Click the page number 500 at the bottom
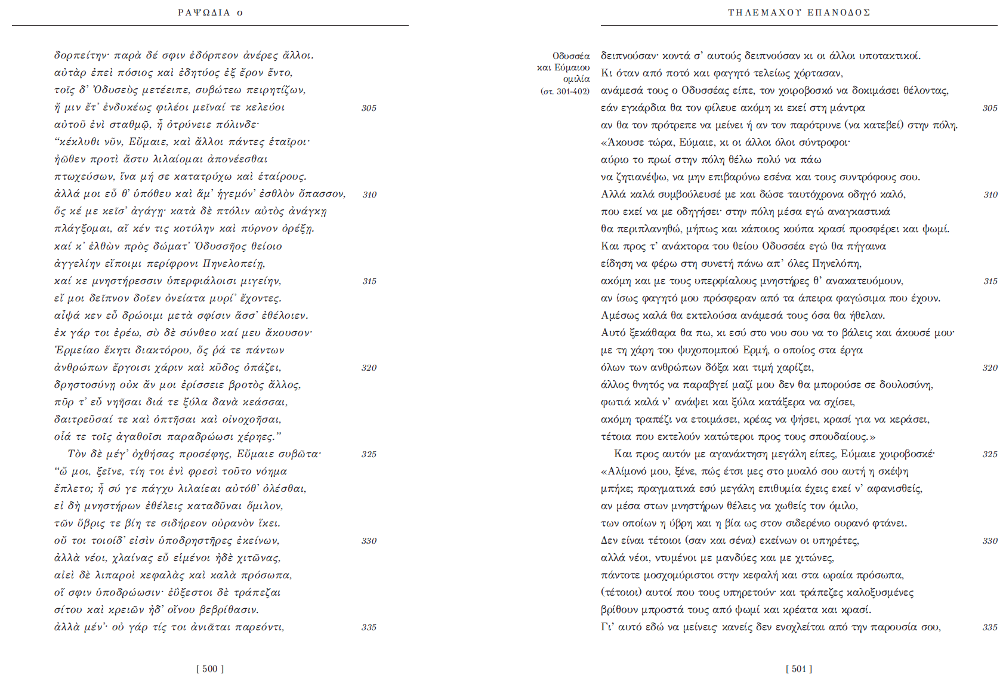pos(210,669)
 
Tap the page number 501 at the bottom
pos(799,669)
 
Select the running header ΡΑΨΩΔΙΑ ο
pos(210,13)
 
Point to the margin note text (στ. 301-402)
pos(564,91)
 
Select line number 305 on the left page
pos(369,108)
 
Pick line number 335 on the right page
pos(990,627)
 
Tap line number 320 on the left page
pos(369,368)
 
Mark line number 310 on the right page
pos(990,195)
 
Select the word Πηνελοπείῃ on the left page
pos(234,263)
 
